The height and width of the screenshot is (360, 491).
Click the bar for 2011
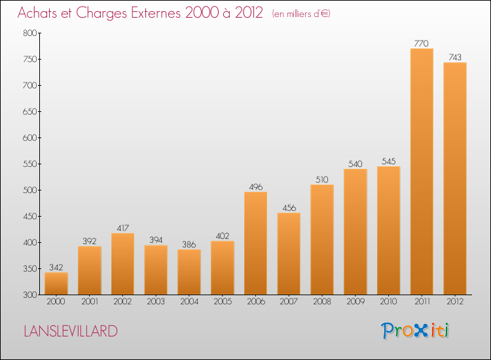coord(422,171)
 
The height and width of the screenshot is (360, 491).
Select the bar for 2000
coord(56,283)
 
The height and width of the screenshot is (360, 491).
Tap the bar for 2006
coord(255,243)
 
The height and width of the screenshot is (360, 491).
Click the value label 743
coord(455,57)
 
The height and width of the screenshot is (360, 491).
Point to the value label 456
coord(289,208)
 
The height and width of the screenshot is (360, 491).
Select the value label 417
coord(122,228)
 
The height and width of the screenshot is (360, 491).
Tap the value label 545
coord(388,162)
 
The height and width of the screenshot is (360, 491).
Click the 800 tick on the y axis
coord(29,33)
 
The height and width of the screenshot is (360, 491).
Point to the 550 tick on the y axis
coord(29,164)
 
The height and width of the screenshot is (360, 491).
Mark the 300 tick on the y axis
coord(29,295)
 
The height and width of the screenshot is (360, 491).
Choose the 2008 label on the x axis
coord(322,302)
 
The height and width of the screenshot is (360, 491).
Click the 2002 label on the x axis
coord(122,302)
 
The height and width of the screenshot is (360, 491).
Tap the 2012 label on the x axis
coord(455,302)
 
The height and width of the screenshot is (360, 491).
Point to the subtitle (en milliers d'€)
coord(301,14)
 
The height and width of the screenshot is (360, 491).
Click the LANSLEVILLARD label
coord(71,331)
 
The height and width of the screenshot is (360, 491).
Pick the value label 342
coord(56,267)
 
